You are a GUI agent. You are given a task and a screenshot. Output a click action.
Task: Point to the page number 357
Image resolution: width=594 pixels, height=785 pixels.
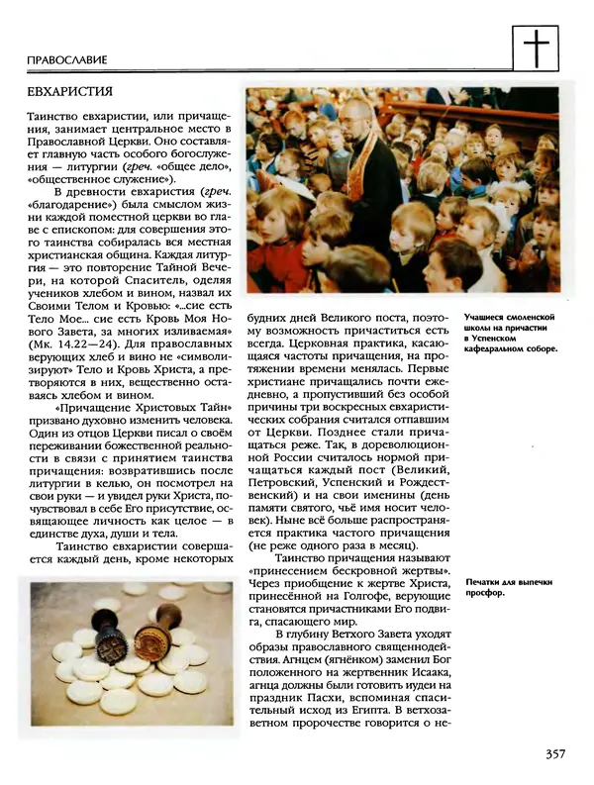point(555,754)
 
